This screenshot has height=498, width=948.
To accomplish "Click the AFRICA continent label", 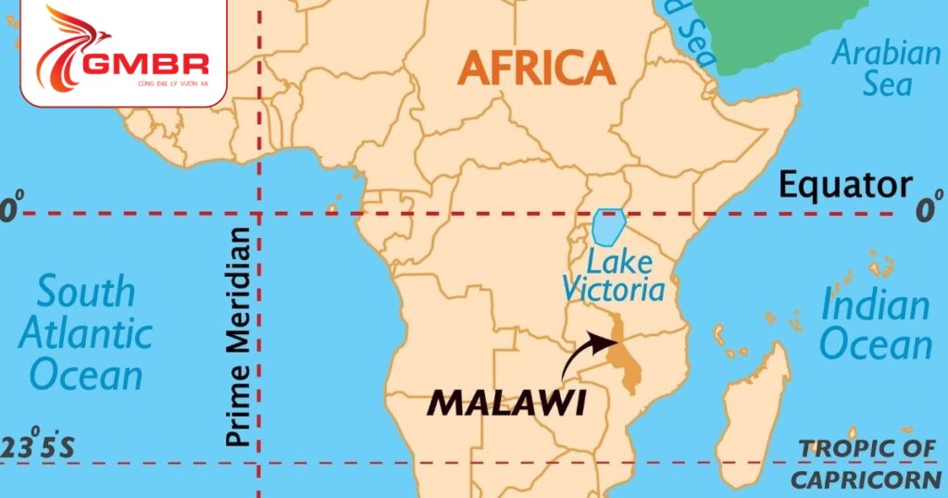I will [536, 68].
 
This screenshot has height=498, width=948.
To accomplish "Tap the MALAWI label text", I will [505, 403].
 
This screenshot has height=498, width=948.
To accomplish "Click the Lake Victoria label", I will [613, 275].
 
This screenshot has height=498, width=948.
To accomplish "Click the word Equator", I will [844, 184].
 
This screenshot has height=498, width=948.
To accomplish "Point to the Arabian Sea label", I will [886, 68].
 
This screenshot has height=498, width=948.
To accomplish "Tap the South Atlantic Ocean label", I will [85, 334].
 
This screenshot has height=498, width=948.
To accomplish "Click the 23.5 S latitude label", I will [38, 447].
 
